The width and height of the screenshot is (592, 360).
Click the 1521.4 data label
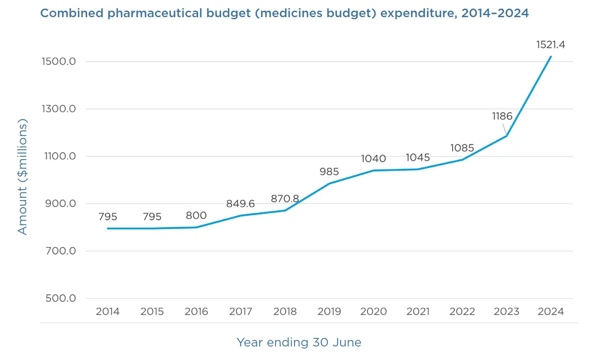point(550,45)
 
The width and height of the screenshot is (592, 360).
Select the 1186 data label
point(502,116)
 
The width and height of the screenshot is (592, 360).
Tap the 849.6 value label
point(240,204)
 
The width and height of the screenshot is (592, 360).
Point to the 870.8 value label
point(285,199)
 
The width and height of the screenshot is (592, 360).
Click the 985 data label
point(329,172)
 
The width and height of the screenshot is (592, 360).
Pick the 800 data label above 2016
point(196,216)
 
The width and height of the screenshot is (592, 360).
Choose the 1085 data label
point(462,148)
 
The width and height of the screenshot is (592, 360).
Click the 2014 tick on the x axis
point(108,312)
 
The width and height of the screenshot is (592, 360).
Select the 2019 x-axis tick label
point(329,312)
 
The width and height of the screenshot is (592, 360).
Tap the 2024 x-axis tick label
point(550,312)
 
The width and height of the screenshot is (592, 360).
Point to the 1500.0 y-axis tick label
point(59,61)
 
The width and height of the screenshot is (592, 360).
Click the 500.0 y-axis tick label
point(61,298)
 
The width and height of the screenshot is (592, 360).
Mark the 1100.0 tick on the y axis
point(60,156)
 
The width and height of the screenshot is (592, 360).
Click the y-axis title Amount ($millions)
point(22,176)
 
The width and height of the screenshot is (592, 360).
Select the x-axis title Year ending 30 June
point(299,342)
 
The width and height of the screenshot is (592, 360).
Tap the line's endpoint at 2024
point(551,56)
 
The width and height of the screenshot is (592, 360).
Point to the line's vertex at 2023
point(506,136)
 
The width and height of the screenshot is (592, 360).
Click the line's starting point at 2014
point(108,228)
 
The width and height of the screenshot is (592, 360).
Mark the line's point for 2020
point(373,171)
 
